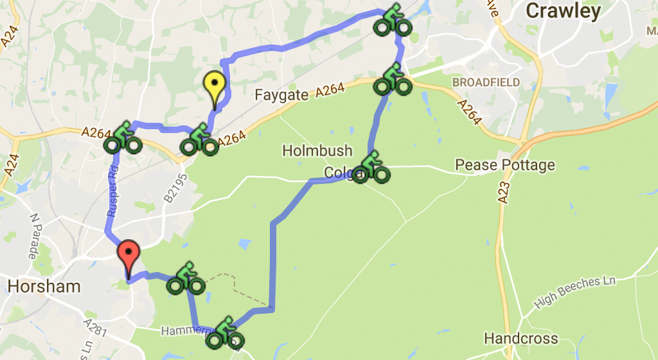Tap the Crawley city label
(x=563, y=11)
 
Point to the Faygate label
(x=282, y=95)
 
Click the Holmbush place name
(x=317, y=151)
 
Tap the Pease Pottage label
(x=505, y=165)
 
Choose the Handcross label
(x=520, y=338)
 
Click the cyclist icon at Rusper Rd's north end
(x=123, y=138)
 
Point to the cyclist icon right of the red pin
(x=186, y=278)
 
